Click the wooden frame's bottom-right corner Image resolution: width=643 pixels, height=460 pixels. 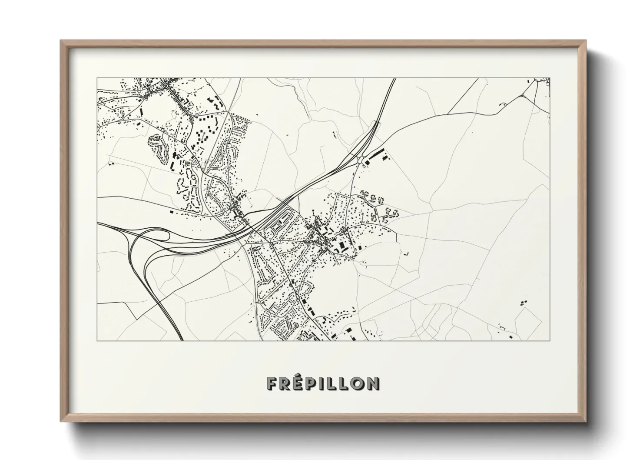[585, 421]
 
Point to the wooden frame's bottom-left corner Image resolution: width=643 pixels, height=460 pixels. [61, 421]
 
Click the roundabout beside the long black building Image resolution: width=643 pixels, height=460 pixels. [361, 160]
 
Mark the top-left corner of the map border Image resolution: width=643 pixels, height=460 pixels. [97, 78]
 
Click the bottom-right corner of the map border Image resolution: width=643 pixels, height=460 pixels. [550, 340]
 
